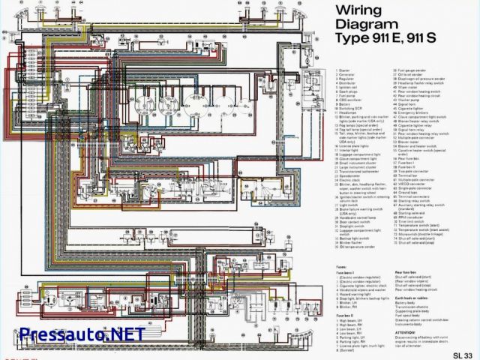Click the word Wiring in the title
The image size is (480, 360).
click(359, 10)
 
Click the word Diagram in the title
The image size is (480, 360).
click(367, 25)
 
